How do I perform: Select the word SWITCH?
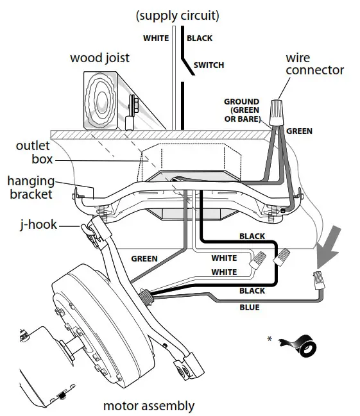[209, 65]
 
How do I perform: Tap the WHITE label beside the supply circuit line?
[156, 38]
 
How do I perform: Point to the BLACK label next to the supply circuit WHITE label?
[199, 38]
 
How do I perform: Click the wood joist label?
[99, 58]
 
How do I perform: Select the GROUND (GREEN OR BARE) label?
[242, 110]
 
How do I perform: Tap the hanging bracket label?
[31, 187]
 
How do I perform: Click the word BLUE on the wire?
[249, 308]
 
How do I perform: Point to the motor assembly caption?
[149, 406]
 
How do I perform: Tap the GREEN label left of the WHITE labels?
[144, 259]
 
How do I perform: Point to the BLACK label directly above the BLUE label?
[252, 291]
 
